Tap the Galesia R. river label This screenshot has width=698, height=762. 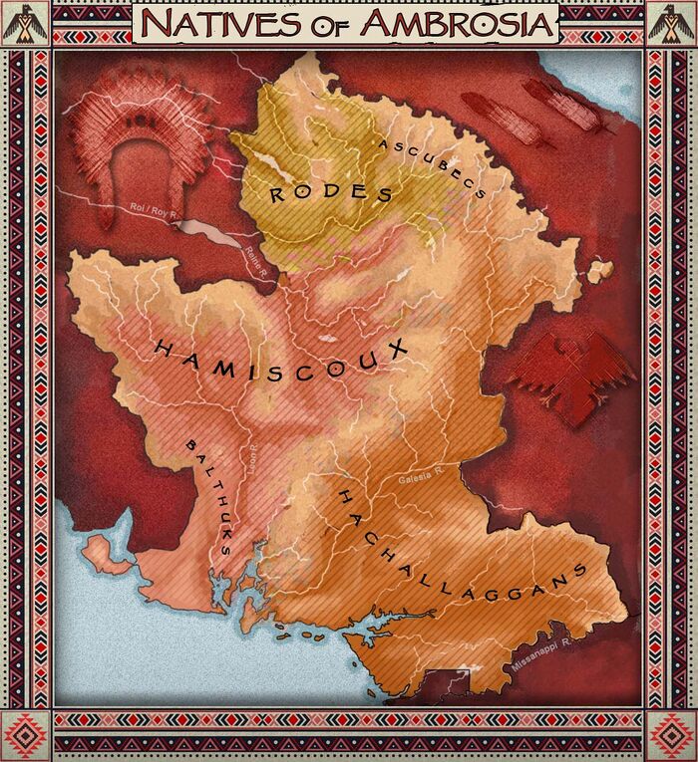click(419, 480)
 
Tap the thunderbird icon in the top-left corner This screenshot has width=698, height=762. click(26, 23)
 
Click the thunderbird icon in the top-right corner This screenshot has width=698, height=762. click(671, 23)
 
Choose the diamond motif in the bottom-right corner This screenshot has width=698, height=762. click(671, 737)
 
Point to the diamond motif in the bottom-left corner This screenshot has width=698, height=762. click(26, 737)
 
